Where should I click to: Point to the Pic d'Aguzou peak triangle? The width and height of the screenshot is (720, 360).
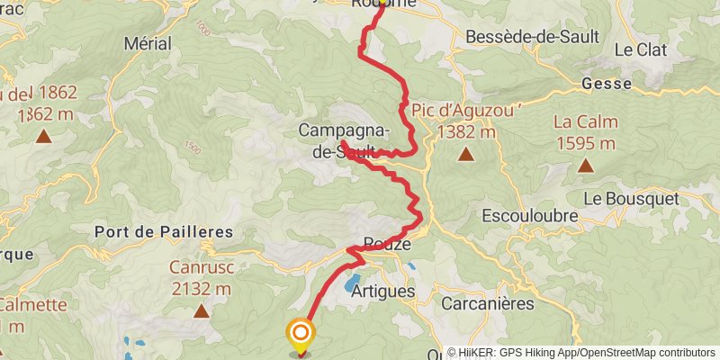[465, 155]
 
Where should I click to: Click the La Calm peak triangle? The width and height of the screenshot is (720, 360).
[585, 165]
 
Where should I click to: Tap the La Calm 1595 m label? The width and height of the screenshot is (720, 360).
[585, 132]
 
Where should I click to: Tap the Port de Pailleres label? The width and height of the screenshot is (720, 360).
[163, 232]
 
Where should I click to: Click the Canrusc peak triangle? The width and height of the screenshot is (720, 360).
[200, 311]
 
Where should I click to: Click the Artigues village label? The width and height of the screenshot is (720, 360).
[384, 292]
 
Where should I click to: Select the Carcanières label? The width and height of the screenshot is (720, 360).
[488, 302]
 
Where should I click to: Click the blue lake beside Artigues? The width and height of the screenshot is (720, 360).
[349, 287]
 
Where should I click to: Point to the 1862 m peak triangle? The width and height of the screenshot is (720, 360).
[42, 137]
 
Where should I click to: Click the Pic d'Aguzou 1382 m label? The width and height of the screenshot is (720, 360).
[455, 121]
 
